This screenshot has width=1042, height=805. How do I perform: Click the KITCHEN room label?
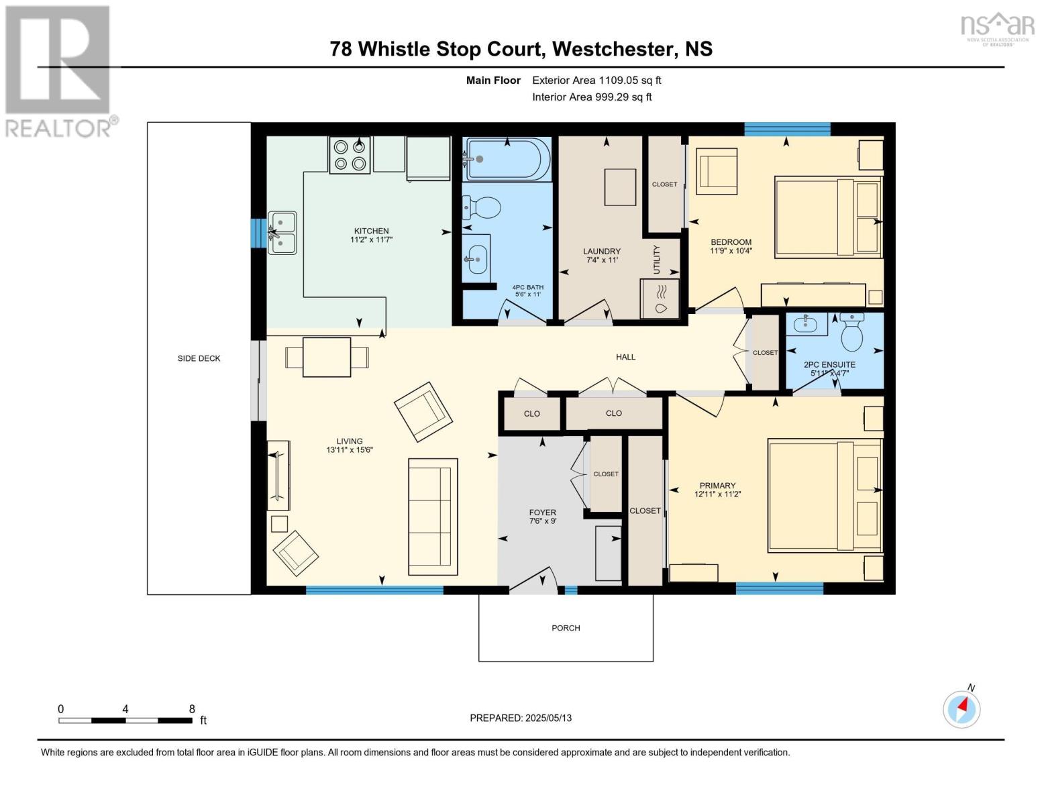(371, 231)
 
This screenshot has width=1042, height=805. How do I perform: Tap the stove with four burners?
(350, 155)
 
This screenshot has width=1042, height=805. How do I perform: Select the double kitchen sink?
(282, 233)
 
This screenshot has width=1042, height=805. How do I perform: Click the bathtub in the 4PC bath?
(507, 159)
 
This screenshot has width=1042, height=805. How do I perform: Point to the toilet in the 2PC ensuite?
(852, 333)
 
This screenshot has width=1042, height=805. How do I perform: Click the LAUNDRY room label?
(601, 252)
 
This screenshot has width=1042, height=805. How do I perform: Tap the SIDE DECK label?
(199, 358)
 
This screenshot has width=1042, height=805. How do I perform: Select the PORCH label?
(566, 628)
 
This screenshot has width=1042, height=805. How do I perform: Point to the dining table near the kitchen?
(327, 358)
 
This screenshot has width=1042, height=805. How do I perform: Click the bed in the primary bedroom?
(825, 496)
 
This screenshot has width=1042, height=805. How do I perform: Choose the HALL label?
(625, 357)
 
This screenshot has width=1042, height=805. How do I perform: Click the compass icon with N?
(961, 708)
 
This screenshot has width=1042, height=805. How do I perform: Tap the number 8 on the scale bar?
(192, 709)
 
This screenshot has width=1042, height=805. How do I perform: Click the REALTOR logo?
(59, 71)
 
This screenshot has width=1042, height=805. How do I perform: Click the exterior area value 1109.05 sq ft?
(629, 80)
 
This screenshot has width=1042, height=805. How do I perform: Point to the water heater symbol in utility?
(660, 299)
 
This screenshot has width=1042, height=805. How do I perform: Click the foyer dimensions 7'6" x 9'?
(542, 521)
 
